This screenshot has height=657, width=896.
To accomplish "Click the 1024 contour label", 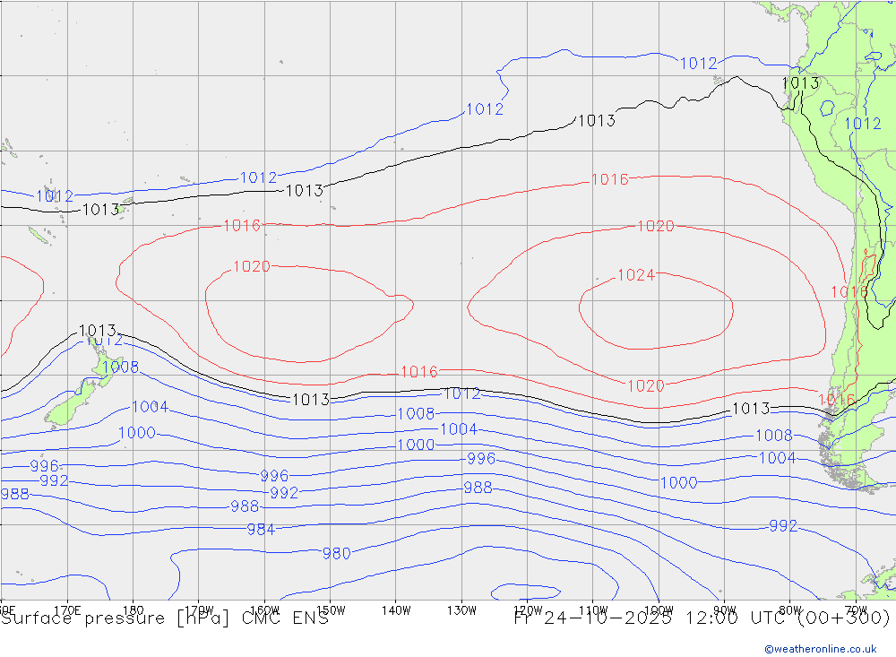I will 636,275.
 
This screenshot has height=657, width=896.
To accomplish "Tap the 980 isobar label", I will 336,554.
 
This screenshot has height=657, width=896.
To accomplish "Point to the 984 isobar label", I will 261,530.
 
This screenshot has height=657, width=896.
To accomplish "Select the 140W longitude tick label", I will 395,609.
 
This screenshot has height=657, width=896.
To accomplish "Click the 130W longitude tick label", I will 461,609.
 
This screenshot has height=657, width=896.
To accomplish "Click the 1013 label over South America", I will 800,83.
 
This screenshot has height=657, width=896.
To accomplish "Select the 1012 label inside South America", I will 863,124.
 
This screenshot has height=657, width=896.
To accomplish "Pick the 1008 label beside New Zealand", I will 119,367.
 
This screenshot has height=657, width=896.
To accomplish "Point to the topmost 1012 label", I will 698,63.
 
